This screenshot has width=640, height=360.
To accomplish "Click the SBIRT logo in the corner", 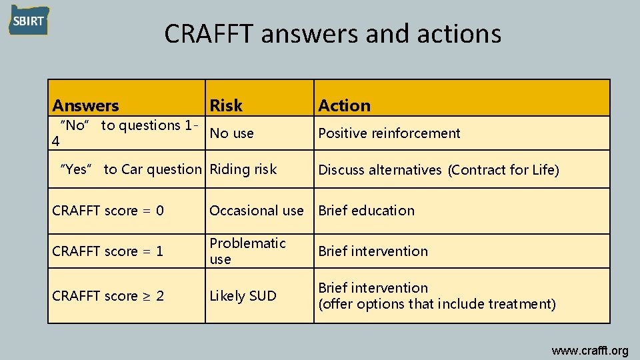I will point(28,21).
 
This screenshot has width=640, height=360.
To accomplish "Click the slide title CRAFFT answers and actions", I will point(333,33).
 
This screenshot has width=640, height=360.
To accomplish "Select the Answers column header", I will point(85,105).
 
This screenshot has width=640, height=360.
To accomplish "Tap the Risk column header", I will point(226,105).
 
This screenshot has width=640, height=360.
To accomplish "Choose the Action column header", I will point(344,105).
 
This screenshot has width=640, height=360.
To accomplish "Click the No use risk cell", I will point(231,133).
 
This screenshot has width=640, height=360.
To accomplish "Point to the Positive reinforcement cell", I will point(389,133).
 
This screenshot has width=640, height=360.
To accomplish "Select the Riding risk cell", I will point(243,169).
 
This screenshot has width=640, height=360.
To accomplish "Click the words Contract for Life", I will point(503,170).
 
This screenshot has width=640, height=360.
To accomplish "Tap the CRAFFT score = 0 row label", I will point(108,211).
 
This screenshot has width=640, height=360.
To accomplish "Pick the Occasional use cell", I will point(256,211).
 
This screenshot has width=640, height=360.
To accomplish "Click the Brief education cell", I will point(366,211).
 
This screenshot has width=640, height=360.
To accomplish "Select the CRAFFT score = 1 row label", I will point(108,251).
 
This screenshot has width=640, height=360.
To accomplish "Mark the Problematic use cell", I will point(247,251).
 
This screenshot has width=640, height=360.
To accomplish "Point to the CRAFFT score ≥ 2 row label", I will point(108,296).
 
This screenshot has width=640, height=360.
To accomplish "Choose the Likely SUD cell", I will point(243,296).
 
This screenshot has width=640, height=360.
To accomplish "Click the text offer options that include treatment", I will point(437,305).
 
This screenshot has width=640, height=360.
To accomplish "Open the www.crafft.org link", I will point(589,351).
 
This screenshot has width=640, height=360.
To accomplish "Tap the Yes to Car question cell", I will point(131,169).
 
